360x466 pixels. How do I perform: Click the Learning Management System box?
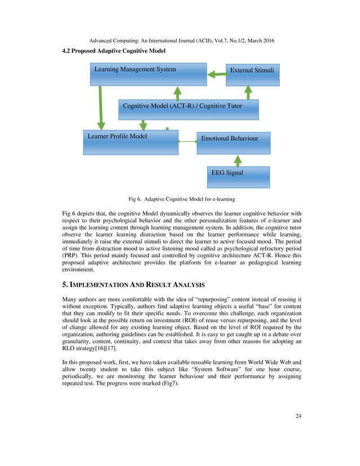(x=148, y=74)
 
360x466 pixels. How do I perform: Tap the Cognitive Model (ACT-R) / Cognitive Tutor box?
(x=188, y=109)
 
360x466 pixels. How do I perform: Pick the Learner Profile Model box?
(x=130, y=143)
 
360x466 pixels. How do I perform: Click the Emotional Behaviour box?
(x=233, y=143)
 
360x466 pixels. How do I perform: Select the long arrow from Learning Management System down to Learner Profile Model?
(x=102, y=108)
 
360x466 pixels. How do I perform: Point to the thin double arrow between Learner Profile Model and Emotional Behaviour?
(x=187, y=142)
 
